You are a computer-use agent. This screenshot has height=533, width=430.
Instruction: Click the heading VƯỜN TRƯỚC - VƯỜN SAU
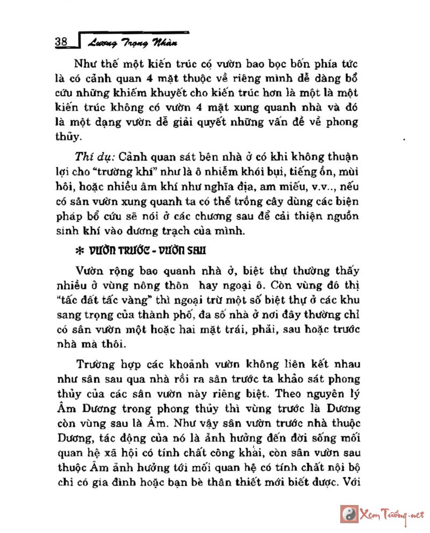click(x=147, y=251)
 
